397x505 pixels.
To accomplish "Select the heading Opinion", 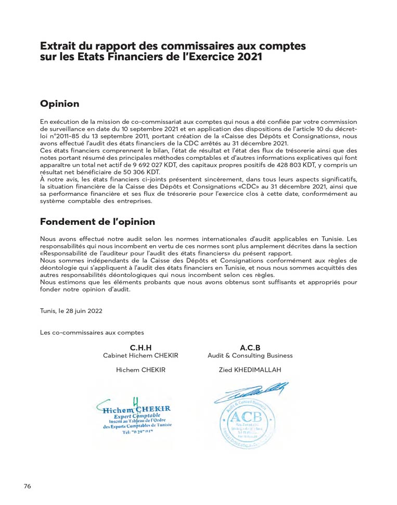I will coord(60,104).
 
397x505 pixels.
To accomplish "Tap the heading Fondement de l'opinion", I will coord(97,222).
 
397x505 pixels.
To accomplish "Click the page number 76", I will coord(28,486).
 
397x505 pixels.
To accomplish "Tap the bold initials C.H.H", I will coord(140,347).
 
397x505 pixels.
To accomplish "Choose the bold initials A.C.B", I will coord(250,347).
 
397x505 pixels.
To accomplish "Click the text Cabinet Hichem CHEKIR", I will coord(140,356).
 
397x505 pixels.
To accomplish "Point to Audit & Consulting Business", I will coord(250,356).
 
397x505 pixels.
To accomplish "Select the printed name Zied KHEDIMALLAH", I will coord(250,371).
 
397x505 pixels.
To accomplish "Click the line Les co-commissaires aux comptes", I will coord(92,332).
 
